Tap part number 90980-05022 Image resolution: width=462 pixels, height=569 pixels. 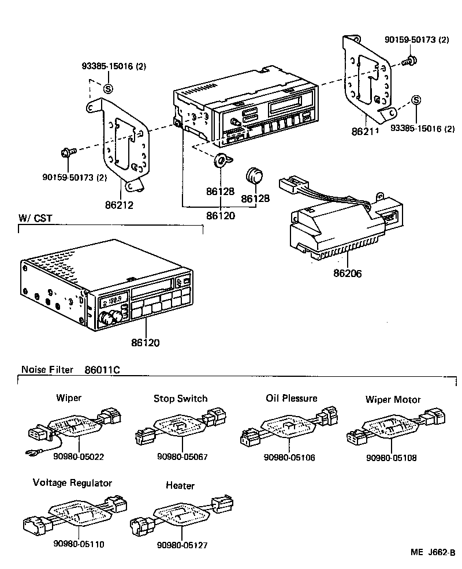point(78,457)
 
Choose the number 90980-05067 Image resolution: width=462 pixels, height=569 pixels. point(182,457)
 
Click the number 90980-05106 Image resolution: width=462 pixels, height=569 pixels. point(289,457)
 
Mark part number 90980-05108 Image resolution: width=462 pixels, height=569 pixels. point(391,458)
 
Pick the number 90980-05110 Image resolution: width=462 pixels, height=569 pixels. point(79,544)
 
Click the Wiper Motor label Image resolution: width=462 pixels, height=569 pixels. point(393,399)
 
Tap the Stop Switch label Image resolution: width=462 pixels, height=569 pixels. point(180,398)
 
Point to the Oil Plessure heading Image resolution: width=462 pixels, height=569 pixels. point(291,398)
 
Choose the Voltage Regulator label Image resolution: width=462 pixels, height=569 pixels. point(72,482)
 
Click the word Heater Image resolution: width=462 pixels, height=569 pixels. point(180,486)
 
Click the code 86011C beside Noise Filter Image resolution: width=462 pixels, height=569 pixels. point(102,369)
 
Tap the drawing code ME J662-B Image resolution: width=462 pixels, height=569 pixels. point(433,552)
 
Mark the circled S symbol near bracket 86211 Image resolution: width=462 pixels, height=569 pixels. point(416,100)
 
